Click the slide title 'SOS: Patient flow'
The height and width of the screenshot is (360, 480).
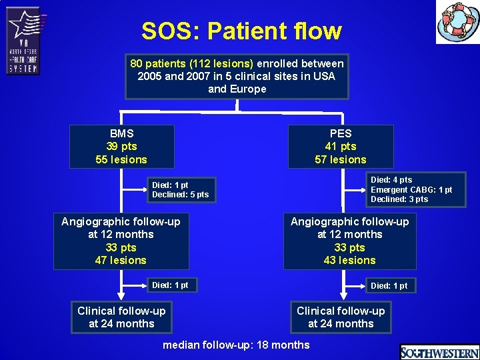[241, 31]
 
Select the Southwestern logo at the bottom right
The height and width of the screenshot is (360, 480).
[439, 352]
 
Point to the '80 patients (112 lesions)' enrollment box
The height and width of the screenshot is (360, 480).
[237, 76]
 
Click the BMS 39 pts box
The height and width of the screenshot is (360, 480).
[121, 147]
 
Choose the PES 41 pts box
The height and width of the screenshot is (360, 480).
[340, 147]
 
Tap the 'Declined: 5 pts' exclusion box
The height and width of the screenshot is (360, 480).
[181, 190]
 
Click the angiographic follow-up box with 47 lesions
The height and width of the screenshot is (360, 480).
[121, 241]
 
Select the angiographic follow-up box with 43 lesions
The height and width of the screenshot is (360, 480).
[349, 241]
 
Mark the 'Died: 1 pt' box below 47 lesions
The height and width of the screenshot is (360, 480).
[171, 285]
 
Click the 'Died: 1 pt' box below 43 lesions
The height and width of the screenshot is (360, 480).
[389, 286]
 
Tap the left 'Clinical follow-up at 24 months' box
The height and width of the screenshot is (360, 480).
[121, 317]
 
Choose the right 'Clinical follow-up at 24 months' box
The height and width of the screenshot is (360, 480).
[340, 317]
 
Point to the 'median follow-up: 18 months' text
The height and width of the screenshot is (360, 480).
[236, 345]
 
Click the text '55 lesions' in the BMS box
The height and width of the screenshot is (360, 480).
[121, 159]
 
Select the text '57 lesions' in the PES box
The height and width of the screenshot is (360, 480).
[340, 159]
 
